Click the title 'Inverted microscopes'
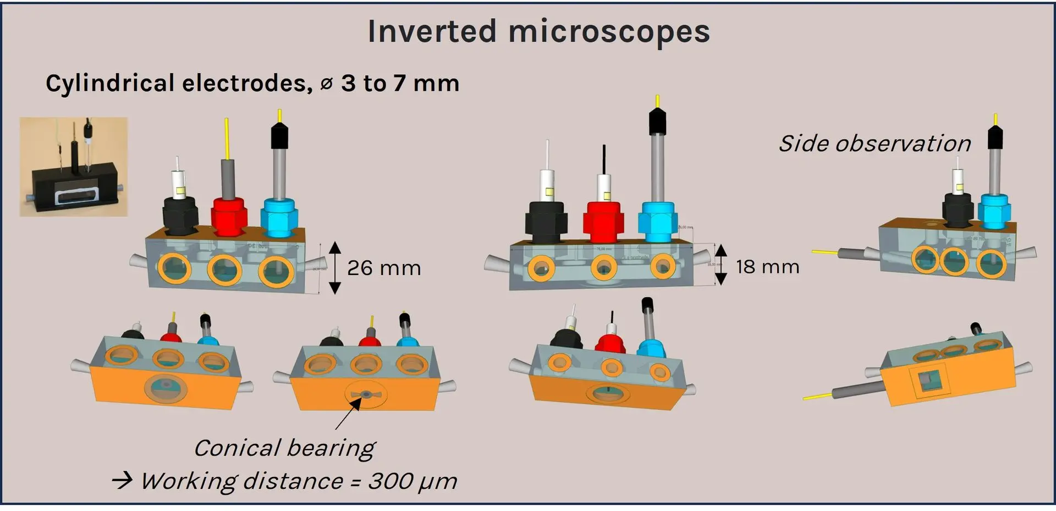538,31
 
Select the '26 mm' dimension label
384,268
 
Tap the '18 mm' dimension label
767,267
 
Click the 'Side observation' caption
875,144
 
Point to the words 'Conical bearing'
284,448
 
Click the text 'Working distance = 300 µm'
298,481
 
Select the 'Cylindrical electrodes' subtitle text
179,84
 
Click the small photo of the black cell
74,166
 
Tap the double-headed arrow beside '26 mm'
335,268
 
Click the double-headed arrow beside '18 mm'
721,265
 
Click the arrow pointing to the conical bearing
348,414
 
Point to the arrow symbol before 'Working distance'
122,481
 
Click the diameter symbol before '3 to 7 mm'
326,84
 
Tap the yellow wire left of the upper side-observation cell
824,252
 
